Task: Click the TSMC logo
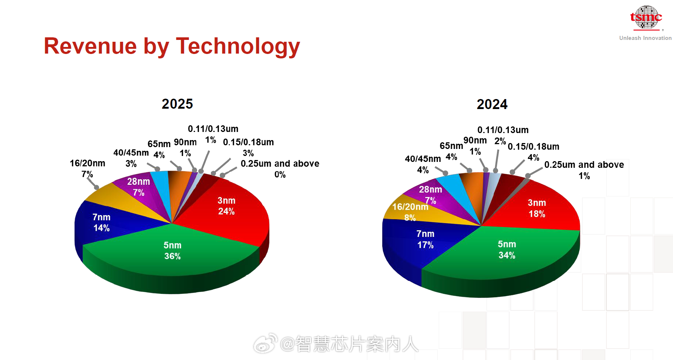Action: coord(646,17)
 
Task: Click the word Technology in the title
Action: coord(238,47)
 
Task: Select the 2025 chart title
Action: coord(177,104)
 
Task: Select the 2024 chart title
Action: coord(492,104)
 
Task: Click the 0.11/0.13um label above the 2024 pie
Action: coord(503,130)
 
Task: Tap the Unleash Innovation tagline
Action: coord(645,38)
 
